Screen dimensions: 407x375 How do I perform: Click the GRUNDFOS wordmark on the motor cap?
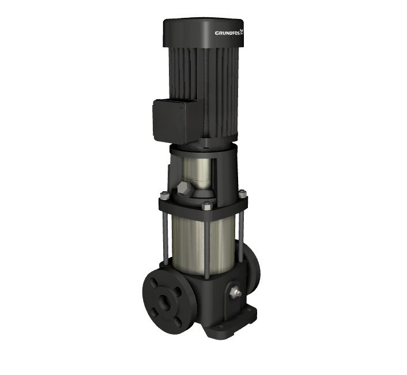(x=227, y=33)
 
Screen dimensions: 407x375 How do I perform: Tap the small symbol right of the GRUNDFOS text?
(x=242, y=32)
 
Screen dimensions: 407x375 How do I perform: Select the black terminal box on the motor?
(x=175, y=122)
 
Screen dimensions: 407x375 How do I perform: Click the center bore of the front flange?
(x=164, y=301)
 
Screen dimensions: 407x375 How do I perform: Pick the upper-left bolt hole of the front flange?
(x=154, y=283)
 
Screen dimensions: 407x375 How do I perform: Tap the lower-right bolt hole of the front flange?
(x=178, y=321)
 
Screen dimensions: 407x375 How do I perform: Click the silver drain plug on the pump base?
(x=235, y=292)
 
